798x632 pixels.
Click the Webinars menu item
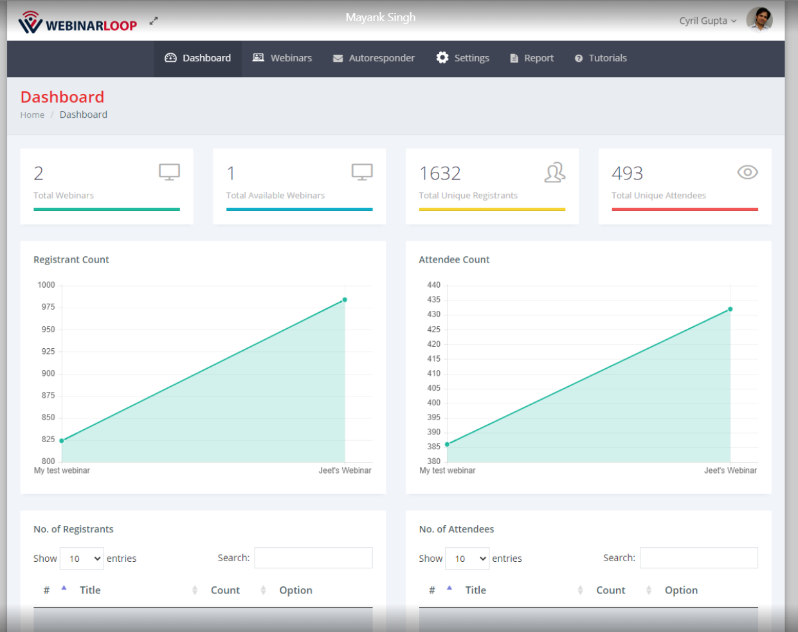(x=282, y=58)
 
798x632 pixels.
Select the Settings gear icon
(x=442, y=58)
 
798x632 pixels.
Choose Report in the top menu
(x=532, y=58)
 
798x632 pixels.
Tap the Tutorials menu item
(x=601, y=58)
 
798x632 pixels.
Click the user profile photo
(x=759, y=19)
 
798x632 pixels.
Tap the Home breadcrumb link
(x=32, y=115)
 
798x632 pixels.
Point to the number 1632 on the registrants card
(x=440, y=173)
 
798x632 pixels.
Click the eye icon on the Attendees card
(x=747, y=172)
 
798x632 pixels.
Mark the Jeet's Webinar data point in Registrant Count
(x=345, y=300)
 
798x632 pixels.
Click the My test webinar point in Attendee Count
(x=448, y=444)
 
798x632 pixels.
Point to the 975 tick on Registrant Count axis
(x=48, y=307)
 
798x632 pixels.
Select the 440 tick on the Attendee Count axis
(x=434, y=285)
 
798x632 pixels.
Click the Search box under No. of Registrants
(x=313, y=558)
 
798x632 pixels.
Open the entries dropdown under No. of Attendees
(x=467, y=559)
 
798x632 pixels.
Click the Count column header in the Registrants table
(x=225, y=590)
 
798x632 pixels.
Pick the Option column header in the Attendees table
(x=681, y=590)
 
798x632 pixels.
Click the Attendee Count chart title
(x=454, y=260)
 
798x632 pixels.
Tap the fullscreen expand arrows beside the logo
(x=154, y=21)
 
